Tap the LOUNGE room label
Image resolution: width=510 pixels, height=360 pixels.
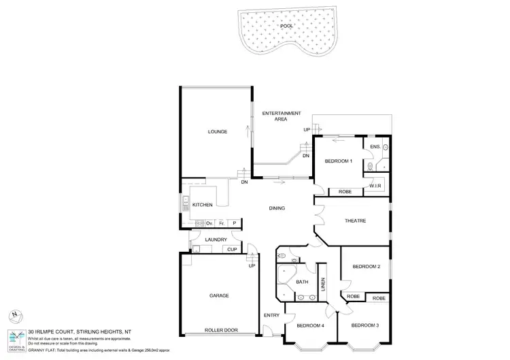tap(218, 131)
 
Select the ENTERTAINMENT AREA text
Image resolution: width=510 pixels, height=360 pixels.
tap(281, 116)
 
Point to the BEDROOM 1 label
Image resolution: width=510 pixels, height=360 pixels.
tap(339, 161)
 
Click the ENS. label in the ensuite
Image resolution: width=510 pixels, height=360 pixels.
tap(375, 147)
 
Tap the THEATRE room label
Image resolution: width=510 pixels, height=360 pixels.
tap(355, 221)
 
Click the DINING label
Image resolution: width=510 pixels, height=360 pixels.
tap(276, 208)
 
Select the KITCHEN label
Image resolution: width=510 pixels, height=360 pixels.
tap(203, 205)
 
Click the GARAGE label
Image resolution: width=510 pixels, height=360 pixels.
tap(218, 295)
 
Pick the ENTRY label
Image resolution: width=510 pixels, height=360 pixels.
tap(271, 315)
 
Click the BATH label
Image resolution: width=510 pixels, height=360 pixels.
tap(302, 282)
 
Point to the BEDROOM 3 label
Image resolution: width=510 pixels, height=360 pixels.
tap(365, 325)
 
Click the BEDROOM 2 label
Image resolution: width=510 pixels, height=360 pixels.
tap(366, 266)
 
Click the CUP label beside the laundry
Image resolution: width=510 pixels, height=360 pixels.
tap(232, 249)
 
